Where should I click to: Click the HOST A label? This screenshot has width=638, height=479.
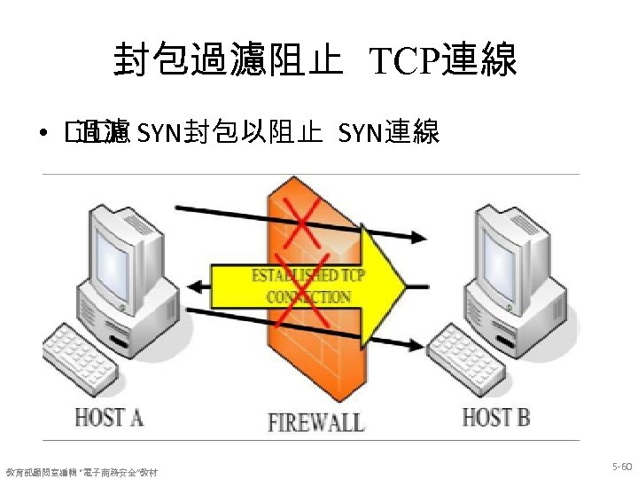pyautogui.click(x=109, y=416)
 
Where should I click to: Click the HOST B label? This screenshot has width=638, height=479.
pyautogui.click(x=497, y=416)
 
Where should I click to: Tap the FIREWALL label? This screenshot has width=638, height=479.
pyautogui.click(x=315, y=420)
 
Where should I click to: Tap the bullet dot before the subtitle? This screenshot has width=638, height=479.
pyautogui.click(x=43, y=135)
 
